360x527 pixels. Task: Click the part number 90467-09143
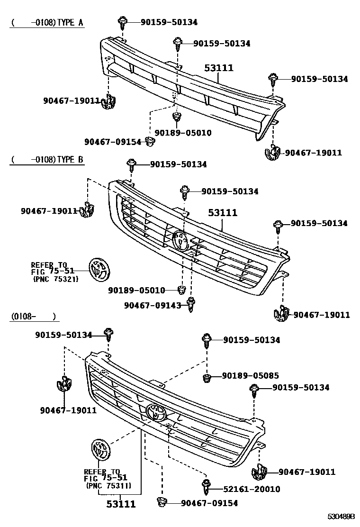[x=153, y=306]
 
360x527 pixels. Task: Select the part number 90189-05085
[x=251, y=376]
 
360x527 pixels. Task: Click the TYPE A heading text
[x=71, y=23]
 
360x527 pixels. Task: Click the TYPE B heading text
[x=71, y=160]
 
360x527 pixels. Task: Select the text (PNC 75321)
[x=55, y=280]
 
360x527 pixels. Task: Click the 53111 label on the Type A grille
[x=219, y=68]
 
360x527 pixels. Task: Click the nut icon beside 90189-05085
[x=207, y=378]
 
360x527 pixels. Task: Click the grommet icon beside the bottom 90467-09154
[x=162, y=502]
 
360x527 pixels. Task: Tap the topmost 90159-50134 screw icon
[x=122, y=21]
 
